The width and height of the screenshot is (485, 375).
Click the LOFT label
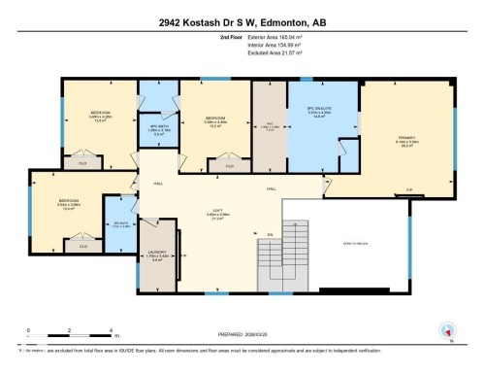click(x=218, y=215)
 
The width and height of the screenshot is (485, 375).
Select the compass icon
click(x=447, y=331)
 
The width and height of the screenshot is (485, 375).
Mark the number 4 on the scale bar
click(x=113, y=331)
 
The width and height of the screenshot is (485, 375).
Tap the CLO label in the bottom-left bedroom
click(x=82, y=245)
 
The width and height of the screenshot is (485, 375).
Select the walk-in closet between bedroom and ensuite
click(x=270, y=124)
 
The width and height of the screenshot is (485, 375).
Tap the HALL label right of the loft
click(x=273, y=188)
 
